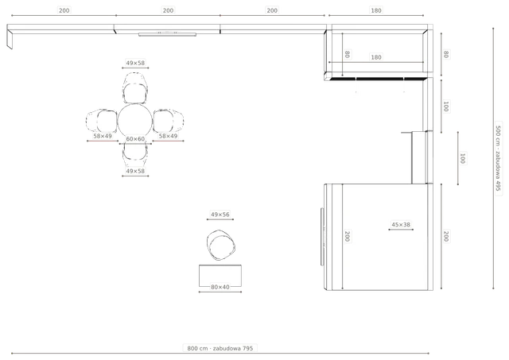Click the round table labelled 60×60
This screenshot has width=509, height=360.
[x=135, y=121]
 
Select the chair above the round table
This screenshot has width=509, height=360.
[x=135, y=88]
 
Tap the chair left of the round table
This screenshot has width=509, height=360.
[x=102, y=121]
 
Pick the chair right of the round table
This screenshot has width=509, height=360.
[x=169, y=121]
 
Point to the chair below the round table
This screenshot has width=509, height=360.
[x=135, y=151]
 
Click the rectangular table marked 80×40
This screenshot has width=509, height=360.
[x=220, y=276]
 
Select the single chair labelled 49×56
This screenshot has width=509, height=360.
[x=221, y=246]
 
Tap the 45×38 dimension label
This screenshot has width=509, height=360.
[x=401, y=224]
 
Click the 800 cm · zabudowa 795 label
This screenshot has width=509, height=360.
[x=220, y=348]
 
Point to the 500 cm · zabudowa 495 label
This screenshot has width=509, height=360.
[x=499, y=158]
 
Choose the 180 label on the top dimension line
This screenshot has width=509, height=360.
[x=376, y=10]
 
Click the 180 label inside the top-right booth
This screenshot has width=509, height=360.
[x=376, y=57]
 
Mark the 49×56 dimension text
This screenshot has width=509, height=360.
[x=220, y=215]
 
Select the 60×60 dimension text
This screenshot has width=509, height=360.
[x=135, y=139]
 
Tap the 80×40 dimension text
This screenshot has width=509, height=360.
[x=220, y=287]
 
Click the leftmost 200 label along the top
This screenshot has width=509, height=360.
[x=64, y=10]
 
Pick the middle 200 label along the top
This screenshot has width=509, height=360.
[x=168, y=10]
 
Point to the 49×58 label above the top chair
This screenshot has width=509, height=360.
[x=135, y=63]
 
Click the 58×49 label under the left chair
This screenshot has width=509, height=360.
[x=103, y=136]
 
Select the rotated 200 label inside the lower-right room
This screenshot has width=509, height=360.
[x=347, y=236]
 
